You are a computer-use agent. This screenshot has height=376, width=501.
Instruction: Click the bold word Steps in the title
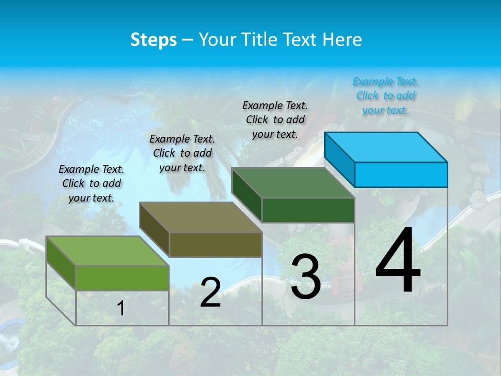point(153,40)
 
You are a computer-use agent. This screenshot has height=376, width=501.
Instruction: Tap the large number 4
point(398,261)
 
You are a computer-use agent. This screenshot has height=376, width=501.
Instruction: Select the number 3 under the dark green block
point(305,277)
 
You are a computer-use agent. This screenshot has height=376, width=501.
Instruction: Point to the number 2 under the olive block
point(210,292)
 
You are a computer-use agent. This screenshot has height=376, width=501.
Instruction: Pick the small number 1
point(121,308)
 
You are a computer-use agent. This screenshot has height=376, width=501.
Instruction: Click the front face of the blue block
point(401,174)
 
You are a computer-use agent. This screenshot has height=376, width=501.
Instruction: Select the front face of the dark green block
point(308,210)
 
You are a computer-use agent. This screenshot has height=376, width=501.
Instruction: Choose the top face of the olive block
point(200,217)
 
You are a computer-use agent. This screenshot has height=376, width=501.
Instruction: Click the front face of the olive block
point(216,244)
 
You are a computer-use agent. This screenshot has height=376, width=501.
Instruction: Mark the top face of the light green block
point(108,251)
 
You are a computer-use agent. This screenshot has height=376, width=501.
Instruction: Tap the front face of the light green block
point(122,278)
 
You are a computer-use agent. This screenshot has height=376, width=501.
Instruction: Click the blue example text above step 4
point(385,96)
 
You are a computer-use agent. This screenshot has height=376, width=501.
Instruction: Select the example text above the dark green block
point(275,120)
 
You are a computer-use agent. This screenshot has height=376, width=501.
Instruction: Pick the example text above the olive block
point(182,153)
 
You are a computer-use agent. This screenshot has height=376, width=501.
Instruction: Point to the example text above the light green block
point(91,183)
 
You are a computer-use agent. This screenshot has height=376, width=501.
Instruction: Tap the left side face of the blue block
point(339,159)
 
